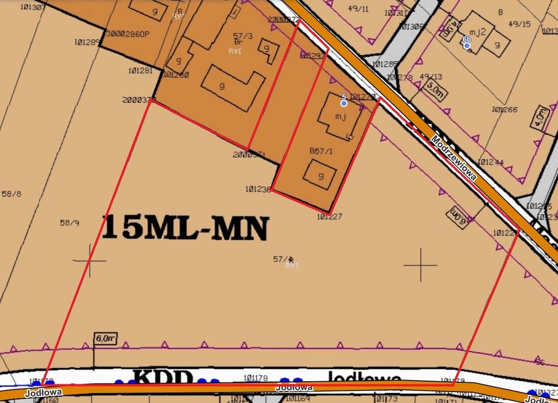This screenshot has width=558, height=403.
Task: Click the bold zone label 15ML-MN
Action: pyautogui.click(x=185, y=228)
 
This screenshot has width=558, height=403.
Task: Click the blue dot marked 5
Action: pyautogui.click(x=344, y=103)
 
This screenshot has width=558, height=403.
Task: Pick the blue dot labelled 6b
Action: pyautogui.click(x=466, y=46)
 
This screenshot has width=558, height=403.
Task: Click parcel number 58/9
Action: pyautogui.click(x=70, y=222)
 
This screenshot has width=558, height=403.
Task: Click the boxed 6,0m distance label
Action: pyautogui.click(x=106, y=338)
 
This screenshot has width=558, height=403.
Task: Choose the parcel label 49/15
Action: pyautogui.click(x=519, y=24)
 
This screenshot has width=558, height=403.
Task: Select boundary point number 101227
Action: pyautogui.click(x=329, y=217)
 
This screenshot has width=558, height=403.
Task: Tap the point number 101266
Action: pyautogui.click(x=504, y=109)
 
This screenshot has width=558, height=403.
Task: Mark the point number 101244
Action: pyautogui.click(x=490, y=162)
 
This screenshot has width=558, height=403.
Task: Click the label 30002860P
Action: pyautogui.click(x=128, y=34)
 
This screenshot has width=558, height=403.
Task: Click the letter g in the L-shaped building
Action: pyautogui.click(x=222, y=86)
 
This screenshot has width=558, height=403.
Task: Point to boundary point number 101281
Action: pyautogui.click(x=141, y=71)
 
